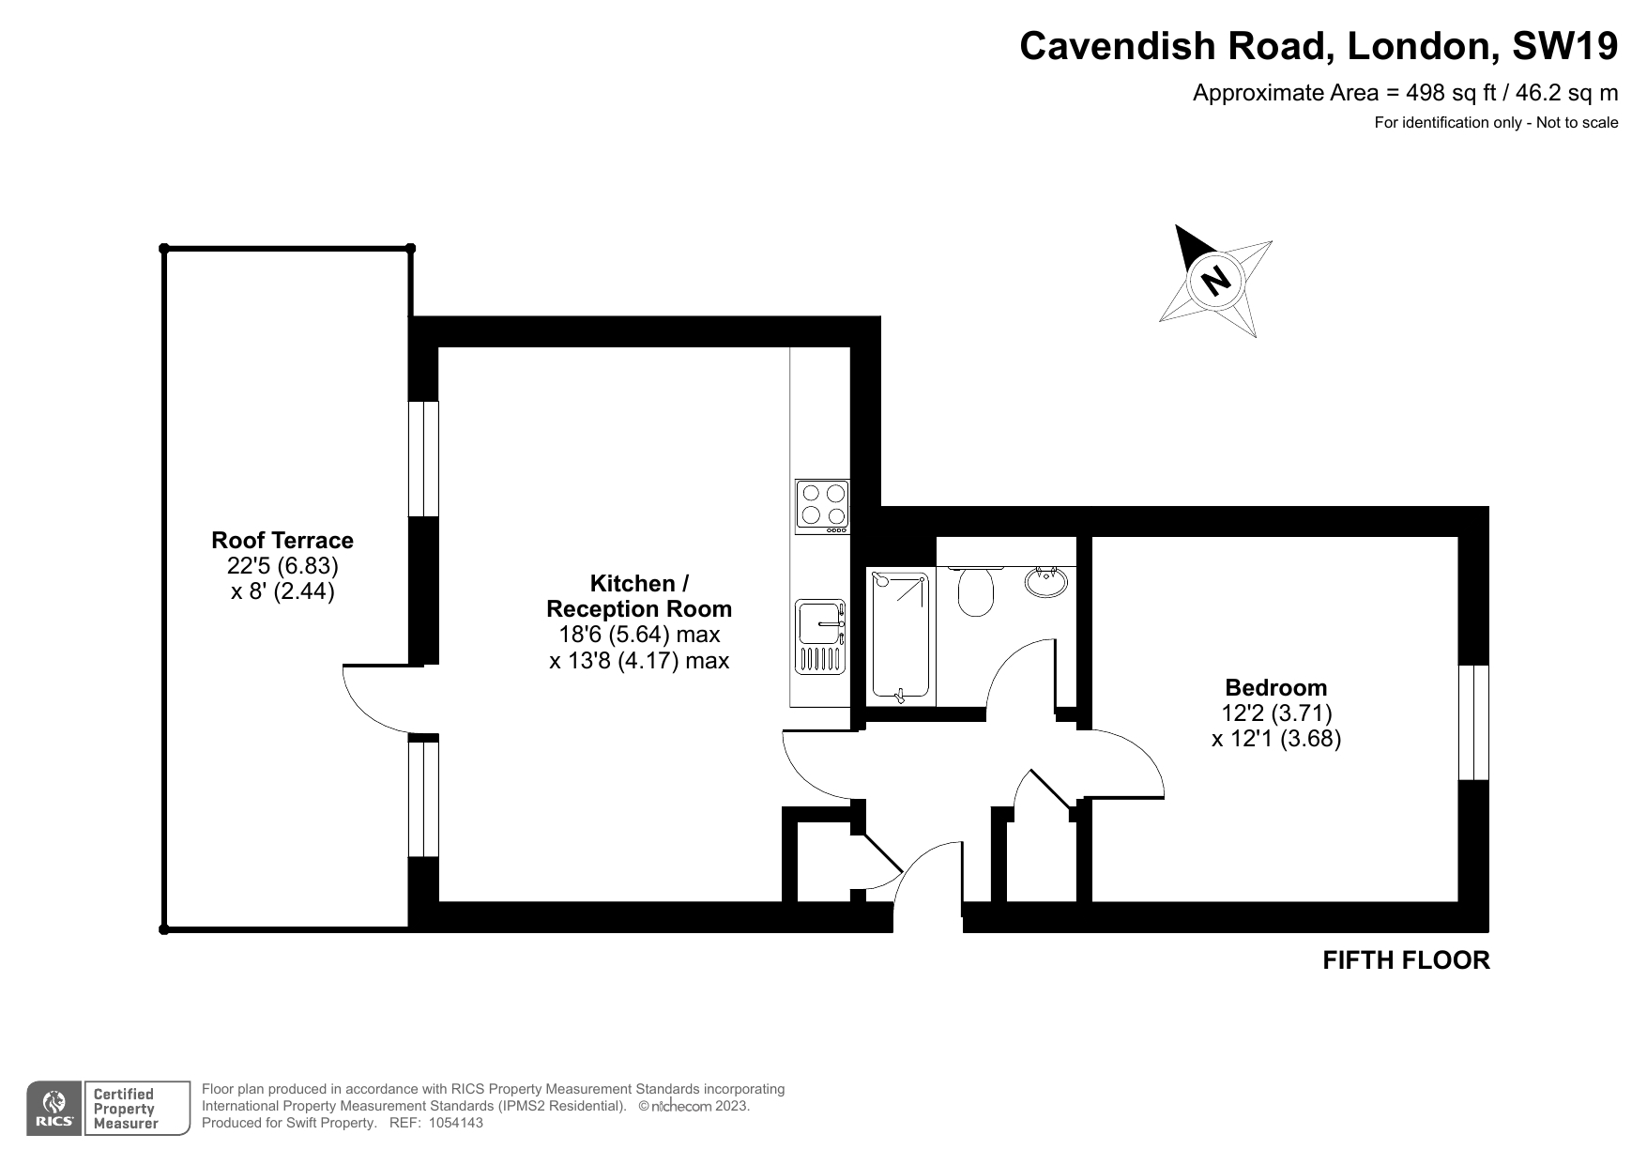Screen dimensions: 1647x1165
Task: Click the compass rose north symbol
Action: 1215,280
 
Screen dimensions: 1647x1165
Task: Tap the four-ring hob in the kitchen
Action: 822,507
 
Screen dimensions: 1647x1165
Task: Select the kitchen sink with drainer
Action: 821,637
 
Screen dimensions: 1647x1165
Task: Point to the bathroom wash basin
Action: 1046,582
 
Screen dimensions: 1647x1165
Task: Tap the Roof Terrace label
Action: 282,540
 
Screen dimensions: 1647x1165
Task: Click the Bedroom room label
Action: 1276,687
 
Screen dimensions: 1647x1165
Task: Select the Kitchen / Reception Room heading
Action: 639,595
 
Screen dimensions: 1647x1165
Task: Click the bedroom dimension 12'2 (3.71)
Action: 1276,713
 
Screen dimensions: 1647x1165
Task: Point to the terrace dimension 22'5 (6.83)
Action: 282,566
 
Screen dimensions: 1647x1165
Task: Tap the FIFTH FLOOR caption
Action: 1406,960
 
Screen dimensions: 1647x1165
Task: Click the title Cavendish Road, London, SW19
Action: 1319,46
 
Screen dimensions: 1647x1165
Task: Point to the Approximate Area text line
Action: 1405,93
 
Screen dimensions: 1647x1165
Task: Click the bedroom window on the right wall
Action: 1473,723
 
